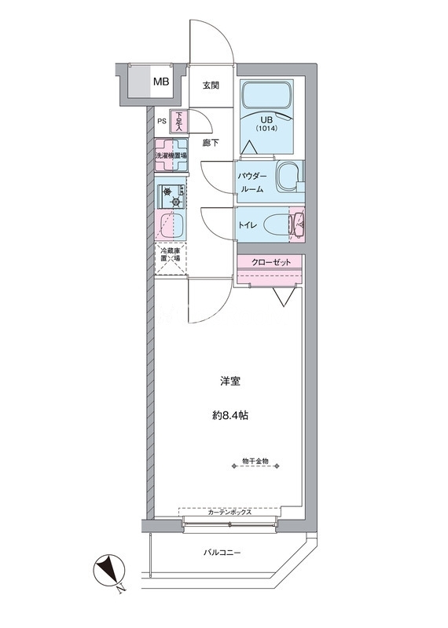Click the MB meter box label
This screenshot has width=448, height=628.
point(161,82)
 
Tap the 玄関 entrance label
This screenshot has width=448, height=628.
point(211,86)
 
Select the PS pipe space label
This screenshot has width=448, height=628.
point(161,122)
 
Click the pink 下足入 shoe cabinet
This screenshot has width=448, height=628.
point(177,121)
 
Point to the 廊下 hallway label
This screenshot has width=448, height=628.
point(211,143)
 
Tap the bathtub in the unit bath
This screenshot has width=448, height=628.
point(266,96)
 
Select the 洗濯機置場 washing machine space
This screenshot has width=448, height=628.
point(171,155)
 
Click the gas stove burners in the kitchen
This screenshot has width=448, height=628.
point(171,197)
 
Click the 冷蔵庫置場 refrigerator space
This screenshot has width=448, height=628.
point(171,258)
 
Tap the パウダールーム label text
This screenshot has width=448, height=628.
point(252,183)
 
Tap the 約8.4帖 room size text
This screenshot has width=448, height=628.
point(230,416)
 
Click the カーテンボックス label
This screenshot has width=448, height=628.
point(230,512)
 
